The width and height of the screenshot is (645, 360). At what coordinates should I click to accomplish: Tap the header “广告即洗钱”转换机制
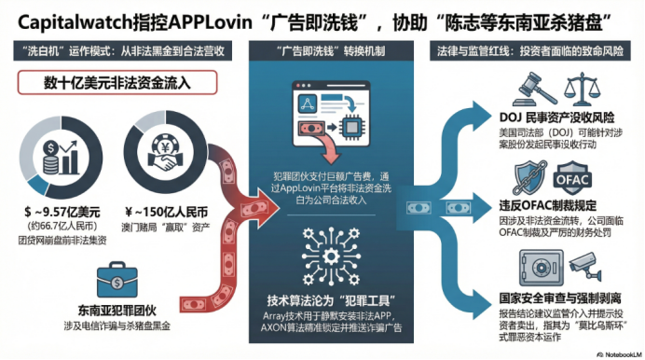320,52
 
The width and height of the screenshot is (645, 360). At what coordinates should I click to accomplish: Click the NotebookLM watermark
615,353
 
